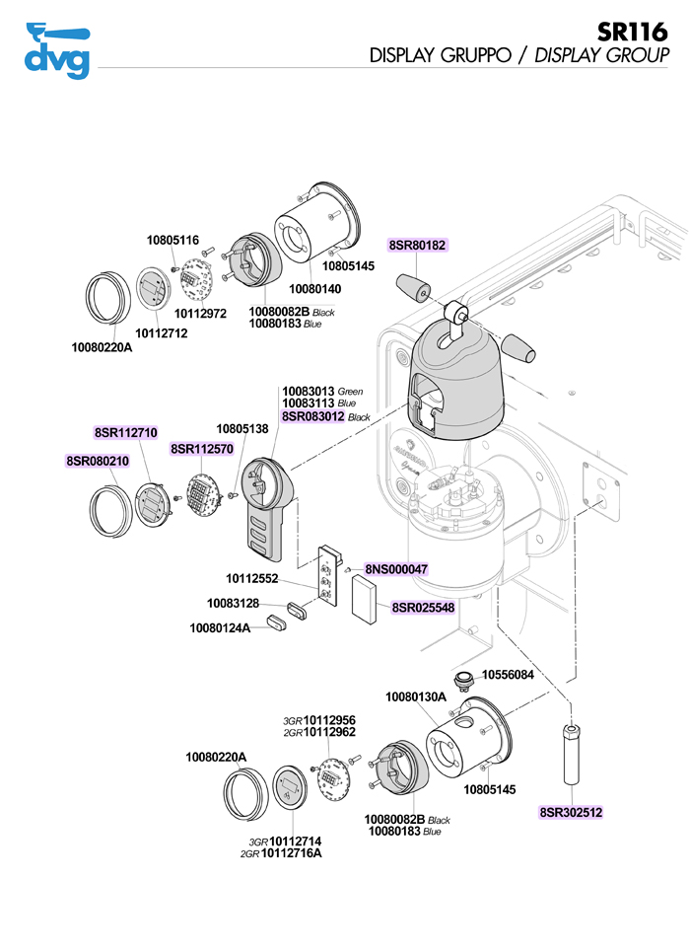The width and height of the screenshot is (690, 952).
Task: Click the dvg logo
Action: pos(56,49)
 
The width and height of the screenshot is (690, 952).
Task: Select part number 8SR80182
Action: pos(418,244)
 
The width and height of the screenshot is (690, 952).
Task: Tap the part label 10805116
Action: pos(173,240)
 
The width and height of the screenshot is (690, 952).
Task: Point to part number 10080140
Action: pos(314,288)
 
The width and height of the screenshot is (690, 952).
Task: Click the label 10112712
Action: pos(161,333)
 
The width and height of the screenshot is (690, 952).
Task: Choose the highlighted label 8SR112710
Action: pos(126,432)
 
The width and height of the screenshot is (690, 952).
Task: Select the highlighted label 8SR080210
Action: pos(98,461)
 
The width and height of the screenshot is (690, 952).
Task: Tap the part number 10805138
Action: pos(242,429)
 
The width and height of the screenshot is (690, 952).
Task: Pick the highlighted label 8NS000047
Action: pos(396,569)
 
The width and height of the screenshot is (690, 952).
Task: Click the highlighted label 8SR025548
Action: pos(423,608)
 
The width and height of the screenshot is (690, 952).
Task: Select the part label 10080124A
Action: pos(220,626)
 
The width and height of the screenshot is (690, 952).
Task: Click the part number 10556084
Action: pos(508,676)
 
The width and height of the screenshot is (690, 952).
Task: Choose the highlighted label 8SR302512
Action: pos(571,813)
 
